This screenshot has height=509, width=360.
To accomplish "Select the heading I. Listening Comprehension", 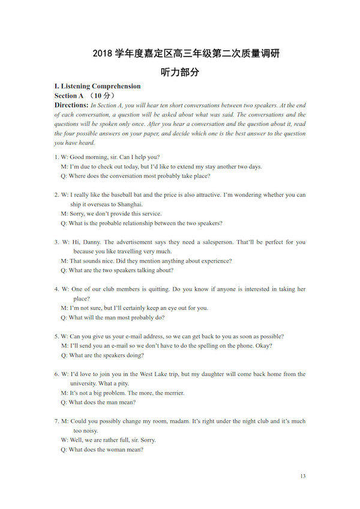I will click(97, 86).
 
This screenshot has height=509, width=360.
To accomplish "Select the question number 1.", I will click(56, 157).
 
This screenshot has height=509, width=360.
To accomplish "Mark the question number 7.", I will click(56, 421).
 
